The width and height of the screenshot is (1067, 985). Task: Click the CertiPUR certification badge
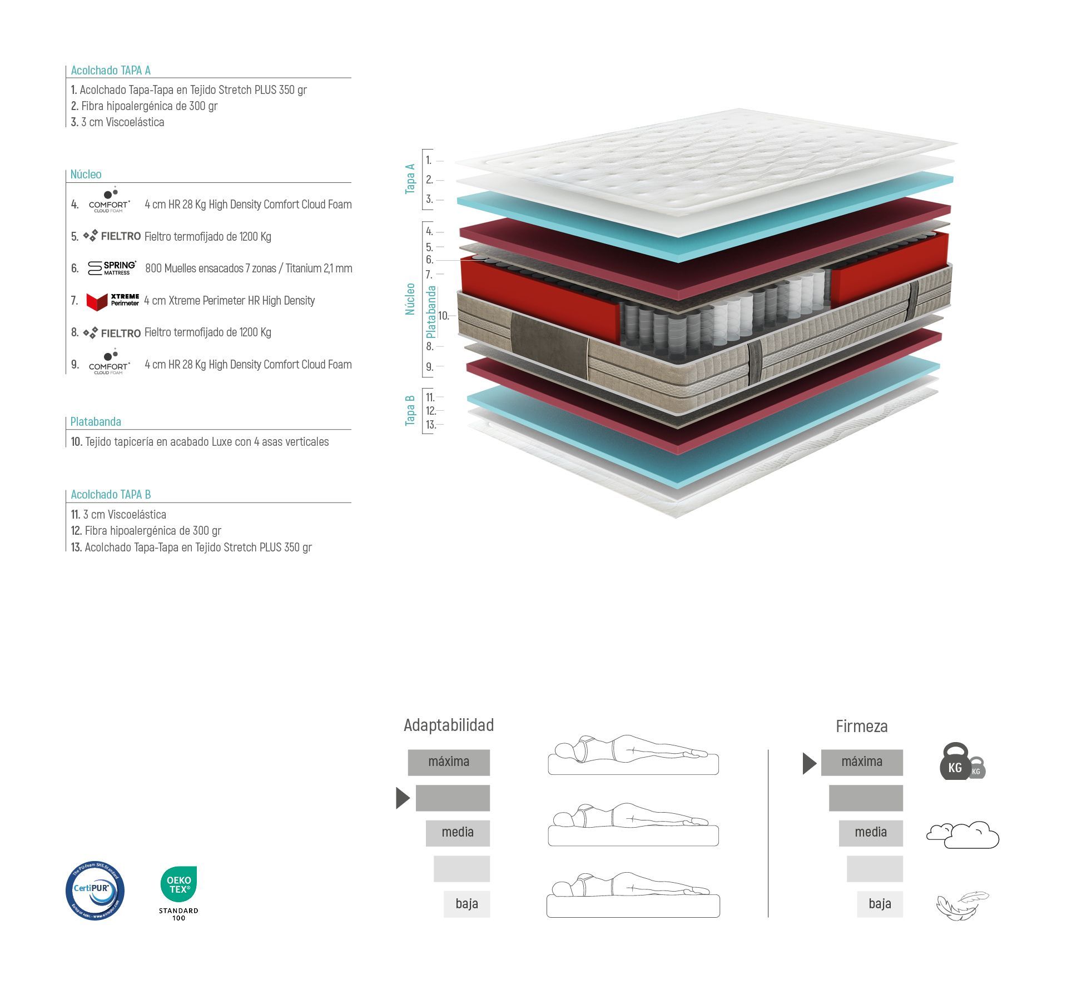point(95,891)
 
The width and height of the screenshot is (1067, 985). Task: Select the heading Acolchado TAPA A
point(111,71)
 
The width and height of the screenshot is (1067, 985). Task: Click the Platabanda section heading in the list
point(96,421)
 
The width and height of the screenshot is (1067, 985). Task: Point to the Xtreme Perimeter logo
point(112,301)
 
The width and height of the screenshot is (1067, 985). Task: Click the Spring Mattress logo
point(112,268)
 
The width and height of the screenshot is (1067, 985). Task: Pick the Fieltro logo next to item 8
point(112,333)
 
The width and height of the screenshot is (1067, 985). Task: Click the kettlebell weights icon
point(962,762)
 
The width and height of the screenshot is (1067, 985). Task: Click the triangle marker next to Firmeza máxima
point(809,763)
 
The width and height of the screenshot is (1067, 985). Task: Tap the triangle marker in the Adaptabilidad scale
point(402,798)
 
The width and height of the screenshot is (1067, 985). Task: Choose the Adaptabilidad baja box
point(466,904)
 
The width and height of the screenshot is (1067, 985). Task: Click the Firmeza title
point(861,726)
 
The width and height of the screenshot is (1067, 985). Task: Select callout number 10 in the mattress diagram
point(443,316)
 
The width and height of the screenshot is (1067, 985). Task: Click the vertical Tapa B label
point(410,410)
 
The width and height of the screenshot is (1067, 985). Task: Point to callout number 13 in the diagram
point(430,425)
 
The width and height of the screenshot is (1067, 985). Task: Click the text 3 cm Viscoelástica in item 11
point(125,515)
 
